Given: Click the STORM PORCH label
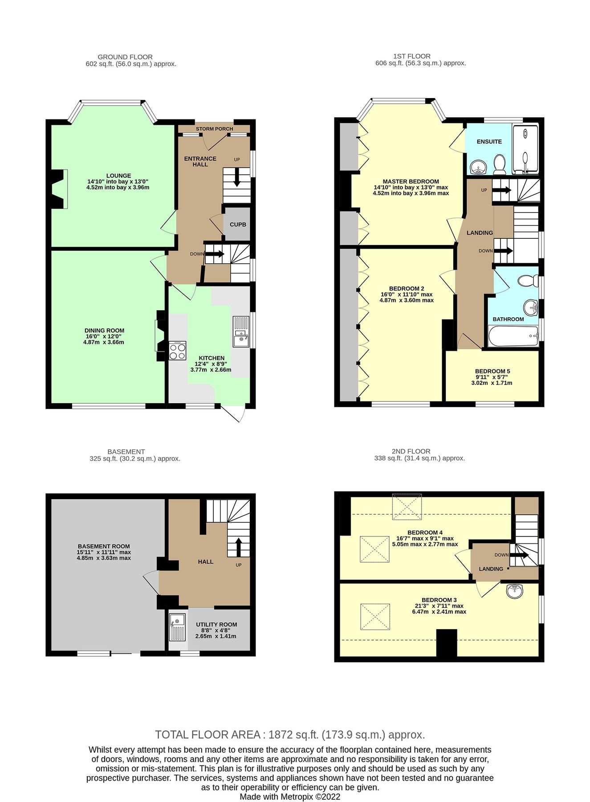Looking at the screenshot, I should [x=214, y=129].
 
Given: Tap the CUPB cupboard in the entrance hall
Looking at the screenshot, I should [x=238, y=225].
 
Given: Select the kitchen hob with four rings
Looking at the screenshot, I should [x=177, y=350].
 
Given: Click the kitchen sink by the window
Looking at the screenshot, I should [x=241, y=331].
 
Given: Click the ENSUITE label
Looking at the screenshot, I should [x=489, y=142].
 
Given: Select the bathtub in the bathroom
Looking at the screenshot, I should [x=513, y=336].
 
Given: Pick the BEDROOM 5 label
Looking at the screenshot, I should [x=492, y=371].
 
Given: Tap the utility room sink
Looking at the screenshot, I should [x=177, y=627].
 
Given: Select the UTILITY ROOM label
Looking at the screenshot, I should [x=216, y=625].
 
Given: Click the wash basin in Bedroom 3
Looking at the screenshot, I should [x=515, y=591].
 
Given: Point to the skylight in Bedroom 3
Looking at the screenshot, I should [x=375, y=617].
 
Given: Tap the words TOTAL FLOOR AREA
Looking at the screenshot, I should [x=208, y=735].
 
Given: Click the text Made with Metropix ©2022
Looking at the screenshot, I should [x=290, y=797].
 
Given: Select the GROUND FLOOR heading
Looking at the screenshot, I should [x=125, y=57].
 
